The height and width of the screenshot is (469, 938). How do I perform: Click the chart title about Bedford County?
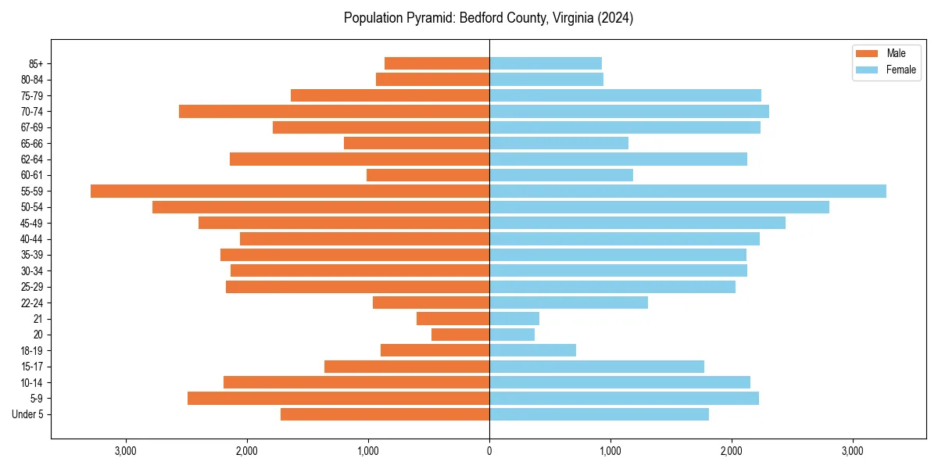489,18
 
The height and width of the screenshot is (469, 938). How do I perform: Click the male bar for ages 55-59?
290,191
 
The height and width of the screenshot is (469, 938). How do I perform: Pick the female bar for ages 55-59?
688,191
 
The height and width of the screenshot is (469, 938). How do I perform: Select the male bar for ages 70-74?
334,111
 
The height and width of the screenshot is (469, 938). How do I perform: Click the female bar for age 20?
512,335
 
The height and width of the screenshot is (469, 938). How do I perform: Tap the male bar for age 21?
453,318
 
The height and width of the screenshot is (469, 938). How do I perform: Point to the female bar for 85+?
546,63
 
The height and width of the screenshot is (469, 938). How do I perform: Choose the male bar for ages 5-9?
338,398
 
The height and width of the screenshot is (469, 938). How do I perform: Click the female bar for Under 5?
599,414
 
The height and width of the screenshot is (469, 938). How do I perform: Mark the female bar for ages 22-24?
568,303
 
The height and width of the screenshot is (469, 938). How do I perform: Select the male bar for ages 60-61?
428,175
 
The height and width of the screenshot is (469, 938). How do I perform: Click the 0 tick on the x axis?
489,450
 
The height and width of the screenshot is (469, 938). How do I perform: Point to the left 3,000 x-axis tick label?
126,450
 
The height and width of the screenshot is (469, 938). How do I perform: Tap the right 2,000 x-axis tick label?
732,450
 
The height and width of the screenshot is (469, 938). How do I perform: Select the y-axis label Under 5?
28,414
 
